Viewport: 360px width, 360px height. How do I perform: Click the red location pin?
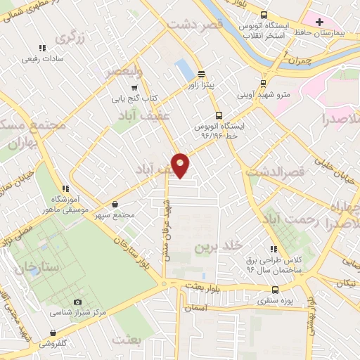coord(181,165)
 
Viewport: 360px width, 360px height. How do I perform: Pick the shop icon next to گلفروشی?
coord(53,333)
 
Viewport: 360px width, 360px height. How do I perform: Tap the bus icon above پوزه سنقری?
coord(274,289)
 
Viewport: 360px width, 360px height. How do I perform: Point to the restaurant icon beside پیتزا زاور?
coord(202,74)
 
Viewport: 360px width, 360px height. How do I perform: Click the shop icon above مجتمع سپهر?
coord(115,204)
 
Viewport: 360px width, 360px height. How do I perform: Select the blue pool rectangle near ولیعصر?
coord(184,70)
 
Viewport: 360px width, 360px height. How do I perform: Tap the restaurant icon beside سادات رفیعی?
coord(42,49)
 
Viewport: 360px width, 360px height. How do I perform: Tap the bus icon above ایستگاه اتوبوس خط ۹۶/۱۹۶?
coord(218,115)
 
